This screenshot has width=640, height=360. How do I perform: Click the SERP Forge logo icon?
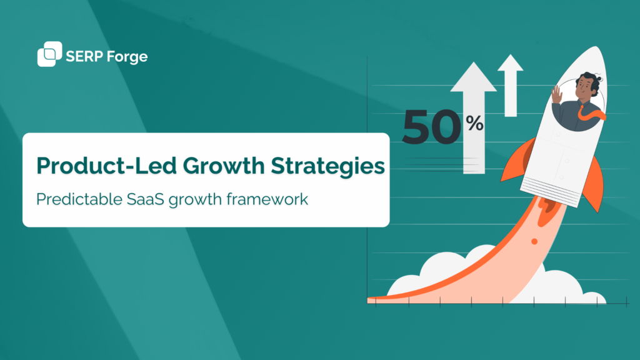pos(49,54)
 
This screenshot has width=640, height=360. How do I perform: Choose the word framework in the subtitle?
pos(275,201)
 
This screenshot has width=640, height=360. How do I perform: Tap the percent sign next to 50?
pos(474,124)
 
